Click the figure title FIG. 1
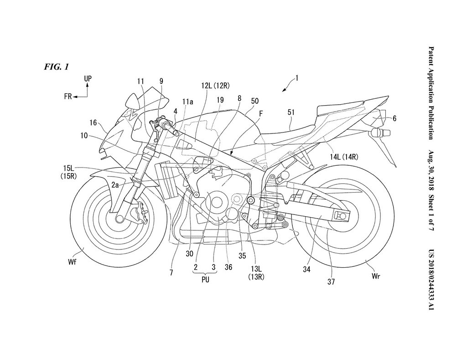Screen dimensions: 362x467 (57, 67)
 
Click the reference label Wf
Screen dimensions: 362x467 (72, 262)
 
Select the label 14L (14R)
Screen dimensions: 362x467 (344, 156)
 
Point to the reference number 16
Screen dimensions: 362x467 (93, 122)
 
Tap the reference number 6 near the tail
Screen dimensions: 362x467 (394, 118)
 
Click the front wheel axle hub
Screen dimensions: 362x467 (120, 219)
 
